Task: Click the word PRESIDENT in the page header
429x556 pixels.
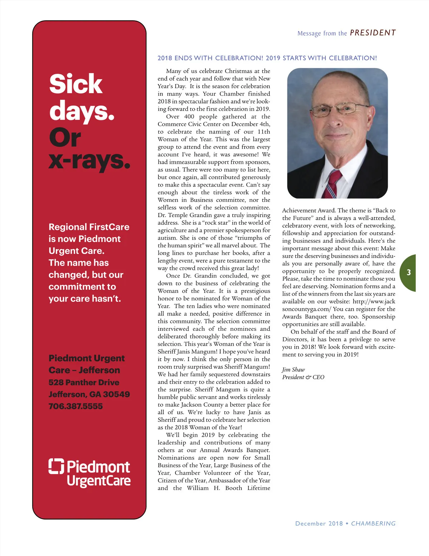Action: tap(373, 33)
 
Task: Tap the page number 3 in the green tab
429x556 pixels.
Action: tap(409, 272)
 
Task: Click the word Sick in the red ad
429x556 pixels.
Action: tap(76, 84)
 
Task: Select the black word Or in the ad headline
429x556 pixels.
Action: tap(65, 138)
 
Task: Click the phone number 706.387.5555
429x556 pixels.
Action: tap(75, 406)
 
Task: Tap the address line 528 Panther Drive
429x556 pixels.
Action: tap(84, 382)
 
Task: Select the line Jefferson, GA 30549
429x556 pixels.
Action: tap(89, 394)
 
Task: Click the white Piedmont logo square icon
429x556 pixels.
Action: tap(56, 466)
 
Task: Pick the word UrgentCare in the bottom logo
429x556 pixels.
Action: tap(99, 481)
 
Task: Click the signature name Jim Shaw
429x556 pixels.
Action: tap(294, 369)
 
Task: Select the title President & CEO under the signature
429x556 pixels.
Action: tap(303, 377)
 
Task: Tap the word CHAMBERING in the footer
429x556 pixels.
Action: tap(373, 523)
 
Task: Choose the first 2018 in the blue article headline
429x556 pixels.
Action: tap(165, 58)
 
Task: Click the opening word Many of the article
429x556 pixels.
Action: tap(174, 71)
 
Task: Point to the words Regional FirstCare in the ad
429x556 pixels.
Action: tap(89, 227)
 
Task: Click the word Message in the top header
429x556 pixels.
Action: tap(309, 33)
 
